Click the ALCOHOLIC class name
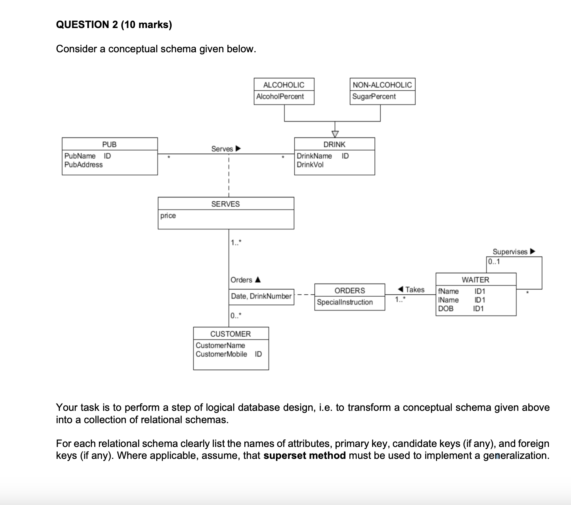(284, 85)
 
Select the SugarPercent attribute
(374, 96)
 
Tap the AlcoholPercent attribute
(280, 96)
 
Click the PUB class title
(109, 145)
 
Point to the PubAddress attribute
(83, 164)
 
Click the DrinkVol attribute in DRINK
(310, 164)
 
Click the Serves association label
(222, 149)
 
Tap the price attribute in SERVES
(168, 216)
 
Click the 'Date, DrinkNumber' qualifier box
(261, 296)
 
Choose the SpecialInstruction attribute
(345, 302)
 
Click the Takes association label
(414, 290)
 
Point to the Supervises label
(510, 252)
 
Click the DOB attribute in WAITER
(446, 309)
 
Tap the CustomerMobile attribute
(221, 354)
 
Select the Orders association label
(242, 280)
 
